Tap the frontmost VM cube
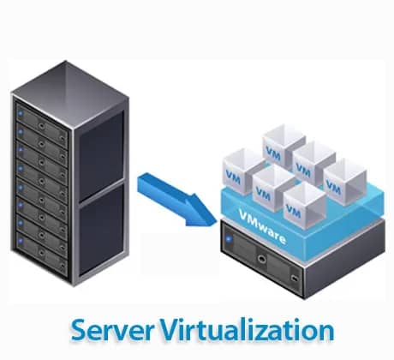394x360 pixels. coord(302,201)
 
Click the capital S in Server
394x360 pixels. coord(80,331)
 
